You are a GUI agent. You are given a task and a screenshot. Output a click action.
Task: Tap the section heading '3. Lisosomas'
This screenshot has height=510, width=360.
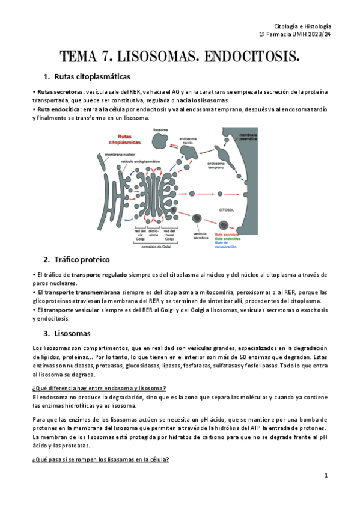67,333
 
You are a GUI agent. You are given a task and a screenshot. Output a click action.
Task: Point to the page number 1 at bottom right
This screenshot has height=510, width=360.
325,475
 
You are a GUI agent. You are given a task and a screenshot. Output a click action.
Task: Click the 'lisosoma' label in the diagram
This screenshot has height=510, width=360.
160,129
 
